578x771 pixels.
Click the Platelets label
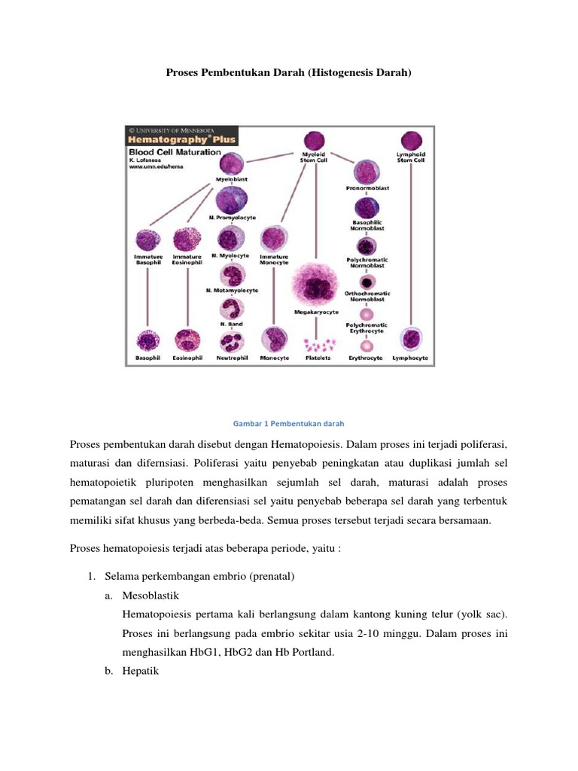(318, 358)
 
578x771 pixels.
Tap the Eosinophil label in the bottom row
(187, 358)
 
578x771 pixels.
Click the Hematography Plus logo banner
(181, 139)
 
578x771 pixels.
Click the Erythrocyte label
(365, 358)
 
